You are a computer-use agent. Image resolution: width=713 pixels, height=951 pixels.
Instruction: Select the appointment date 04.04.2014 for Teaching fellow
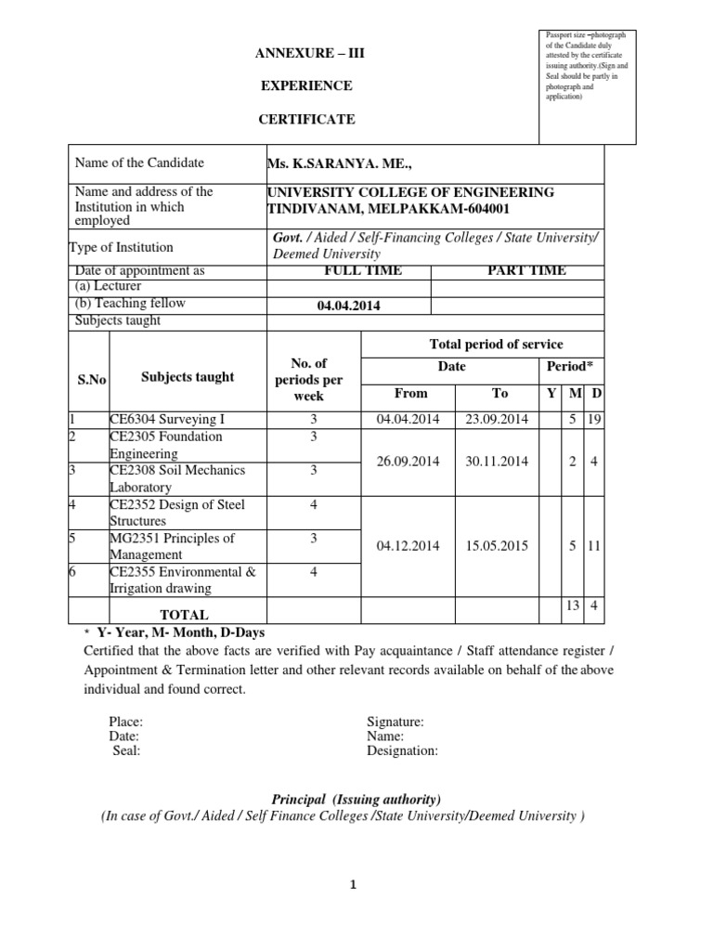coord(349,306)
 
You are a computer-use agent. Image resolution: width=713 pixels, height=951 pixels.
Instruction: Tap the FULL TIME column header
coord(349,270)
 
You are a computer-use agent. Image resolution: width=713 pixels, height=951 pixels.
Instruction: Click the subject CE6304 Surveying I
coord(166,420)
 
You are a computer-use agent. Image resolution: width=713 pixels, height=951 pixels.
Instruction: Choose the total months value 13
coord(573,606)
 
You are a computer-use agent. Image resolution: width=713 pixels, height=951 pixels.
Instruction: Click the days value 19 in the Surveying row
coord(596,420)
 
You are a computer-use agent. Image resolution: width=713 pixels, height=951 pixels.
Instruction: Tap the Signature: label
coord(395,722)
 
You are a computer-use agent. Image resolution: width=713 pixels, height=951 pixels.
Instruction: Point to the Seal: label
coord(126,751)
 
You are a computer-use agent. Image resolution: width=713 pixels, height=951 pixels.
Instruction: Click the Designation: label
coord(403,751)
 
